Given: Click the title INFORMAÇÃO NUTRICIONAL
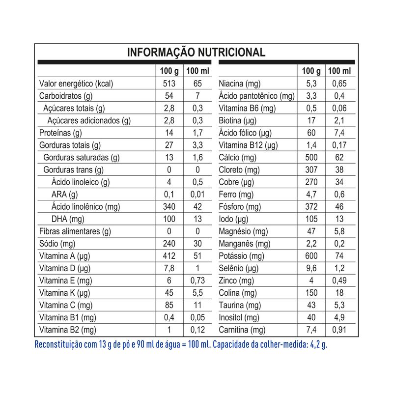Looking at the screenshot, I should point(196,53).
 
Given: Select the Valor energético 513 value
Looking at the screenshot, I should point(168,84).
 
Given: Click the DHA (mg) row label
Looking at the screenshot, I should point(68,219).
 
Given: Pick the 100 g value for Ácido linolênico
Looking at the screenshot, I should point(168,207).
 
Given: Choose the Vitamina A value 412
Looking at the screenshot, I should point(168,256).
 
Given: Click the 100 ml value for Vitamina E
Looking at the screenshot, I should point(197,281).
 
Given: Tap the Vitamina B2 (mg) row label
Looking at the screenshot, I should point(68,330).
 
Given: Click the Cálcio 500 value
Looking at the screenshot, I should point(311,157).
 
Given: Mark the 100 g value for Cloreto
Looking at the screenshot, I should point(311,170).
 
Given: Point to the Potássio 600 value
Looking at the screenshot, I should point(311,256).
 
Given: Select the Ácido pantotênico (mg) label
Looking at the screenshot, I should point(256,96).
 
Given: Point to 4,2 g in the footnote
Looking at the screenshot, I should point(317,344).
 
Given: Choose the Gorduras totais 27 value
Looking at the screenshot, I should point(168,145).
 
